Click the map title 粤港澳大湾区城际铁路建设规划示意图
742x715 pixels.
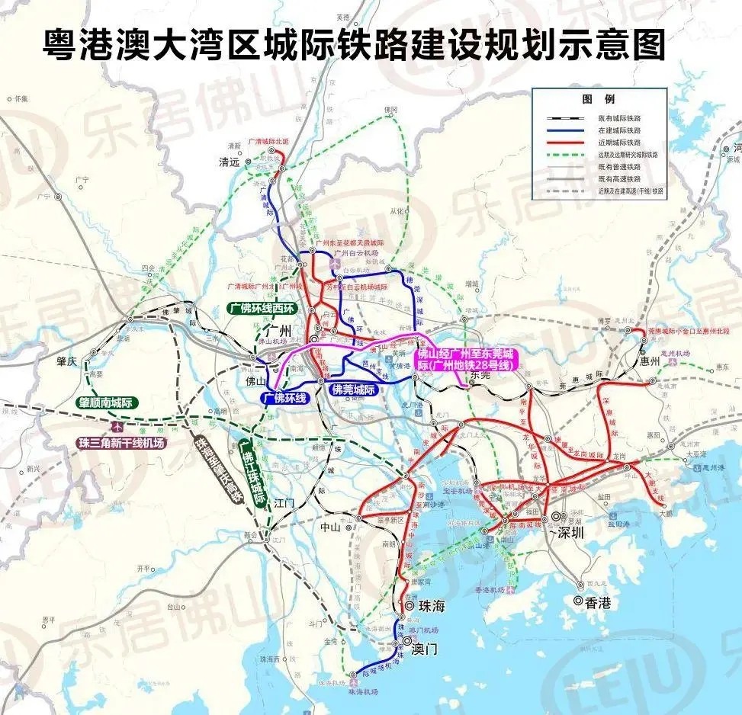(x=353, y=43)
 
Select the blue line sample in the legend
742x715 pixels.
(x=565, y=130)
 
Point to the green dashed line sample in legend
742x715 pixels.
(x=565, y=154)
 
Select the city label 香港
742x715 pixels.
(x=598, y=602)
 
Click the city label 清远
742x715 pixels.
(x=229, y=162)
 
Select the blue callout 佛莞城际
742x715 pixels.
(x=354, y=390)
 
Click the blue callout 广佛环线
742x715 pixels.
(x=284, y=397)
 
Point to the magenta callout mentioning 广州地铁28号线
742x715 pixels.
(x=464, y=360)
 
